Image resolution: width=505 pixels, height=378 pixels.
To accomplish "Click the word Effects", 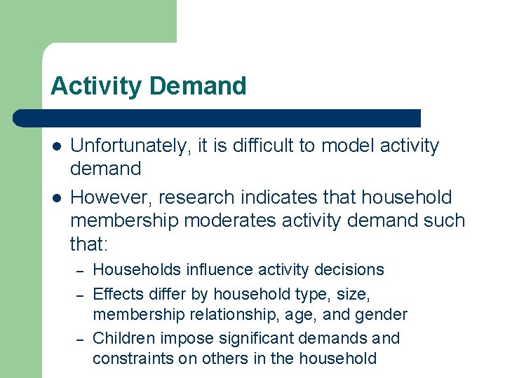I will pos(116,293).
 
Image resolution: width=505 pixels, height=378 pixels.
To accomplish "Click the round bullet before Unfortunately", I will pos(55,146).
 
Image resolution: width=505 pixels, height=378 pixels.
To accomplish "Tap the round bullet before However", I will pos(55,198).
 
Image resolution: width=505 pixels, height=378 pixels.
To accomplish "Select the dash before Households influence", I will pos(81,270).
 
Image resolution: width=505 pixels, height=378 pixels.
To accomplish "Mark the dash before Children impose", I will pos(81,339).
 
